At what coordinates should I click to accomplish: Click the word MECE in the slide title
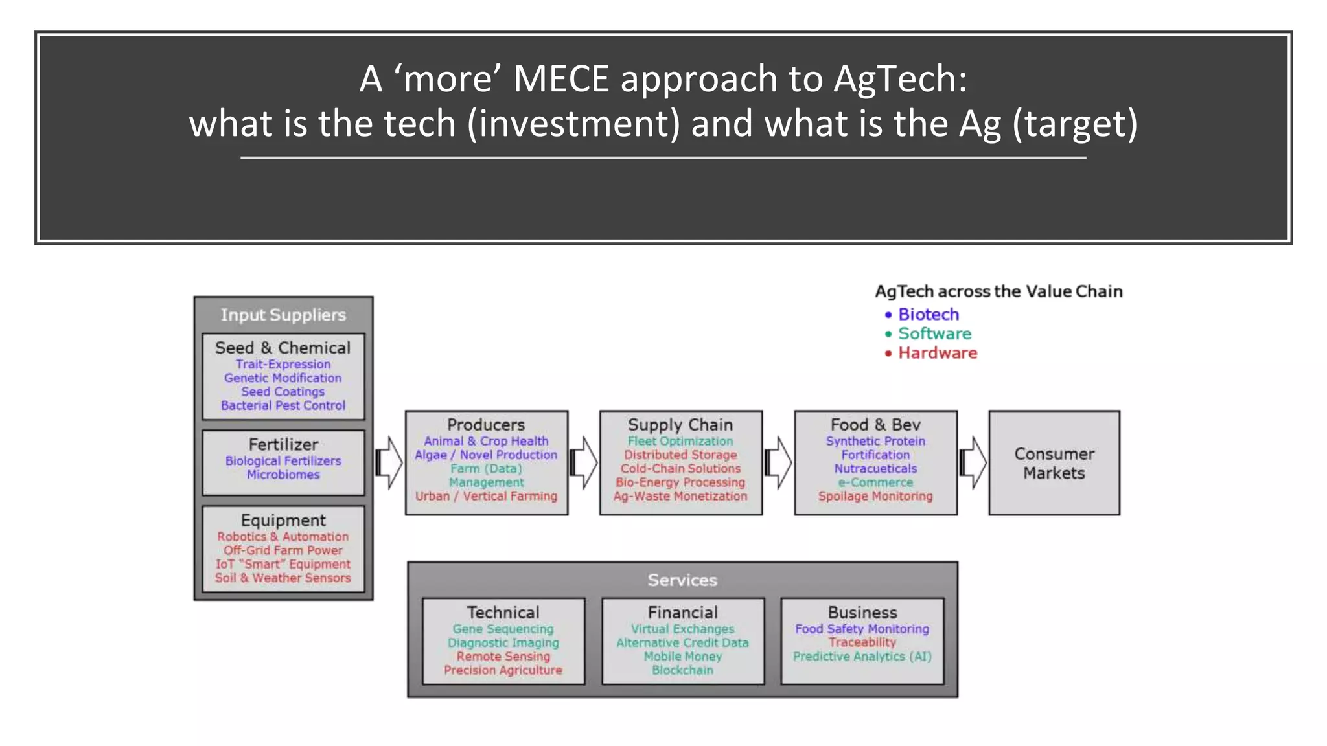[561, 79]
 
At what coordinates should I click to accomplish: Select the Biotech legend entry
[928, 315]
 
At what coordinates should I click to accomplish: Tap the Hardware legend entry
[937, 354]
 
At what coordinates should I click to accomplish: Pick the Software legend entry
[934, 334]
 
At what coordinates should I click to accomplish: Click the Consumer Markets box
[1054, 463]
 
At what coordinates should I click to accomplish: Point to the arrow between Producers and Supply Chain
[583, 463]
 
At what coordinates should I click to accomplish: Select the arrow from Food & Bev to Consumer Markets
[973, 463]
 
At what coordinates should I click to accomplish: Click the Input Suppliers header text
[283, 315]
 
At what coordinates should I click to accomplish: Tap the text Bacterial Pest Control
[283, 406]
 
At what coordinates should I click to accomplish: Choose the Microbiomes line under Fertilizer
[283, 475]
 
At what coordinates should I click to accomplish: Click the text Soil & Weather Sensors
[283, 578]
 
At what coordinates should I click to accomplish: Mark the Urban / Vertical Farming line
[486, 497]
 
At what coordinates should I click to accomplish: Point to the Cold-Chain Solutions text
[680, 469]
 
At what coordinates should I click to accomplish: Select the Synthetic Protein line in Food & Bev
[875, 442]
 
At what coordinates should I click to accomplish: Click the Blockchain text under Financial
[682, 671]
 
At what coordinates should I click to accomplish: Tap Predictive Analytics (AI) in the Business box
[862, 657]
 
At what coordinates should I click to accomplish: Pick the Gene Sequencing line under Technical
[503, 629]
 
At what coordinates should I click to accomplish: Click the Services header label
[682, 580]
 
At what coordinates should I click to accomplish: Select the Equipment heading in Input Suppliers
[283, 521]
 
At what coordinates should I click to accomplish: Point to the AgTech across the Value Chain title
[998, 292]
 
